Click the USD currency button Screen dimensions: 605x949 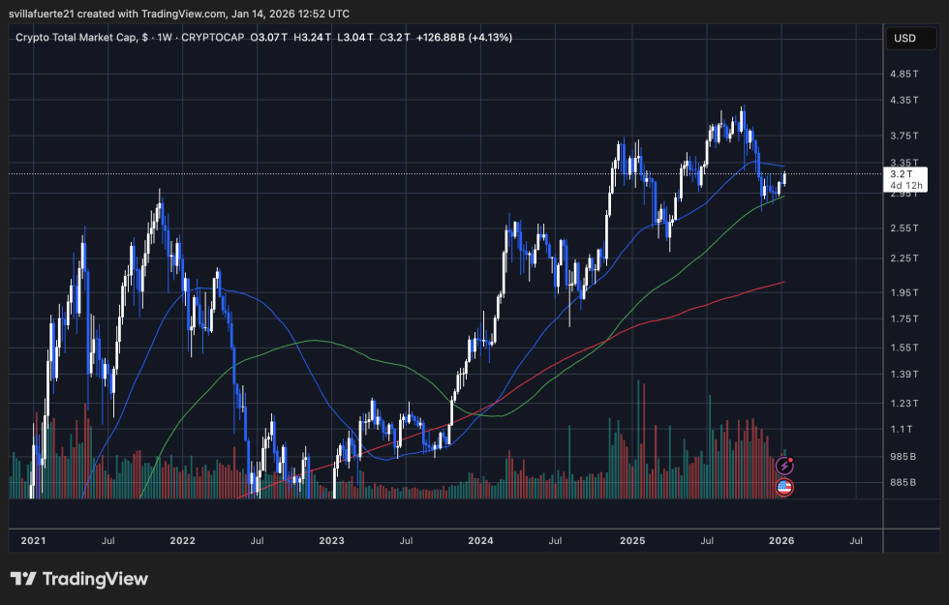(904, 39)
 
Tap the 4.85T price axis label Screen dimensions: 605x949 (904, 74)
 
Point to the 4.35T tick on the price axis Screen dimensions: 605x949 (904, 100)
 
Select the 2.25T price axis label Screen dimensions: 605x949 (904, 257)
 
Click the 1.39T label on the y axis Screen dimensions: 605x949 (904, 374)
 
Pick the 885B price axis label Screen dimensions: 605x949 (903, 482)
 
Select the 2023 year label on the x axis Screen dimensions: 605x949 (332, 540)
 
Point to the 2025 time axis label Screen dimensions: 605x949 (631, 540)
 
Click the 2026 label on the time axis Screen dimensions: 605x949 (781, 540)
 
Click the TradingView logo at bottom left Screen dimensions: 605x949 (79, 579)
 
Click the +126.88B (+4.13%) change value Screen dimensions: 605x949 (463, 37)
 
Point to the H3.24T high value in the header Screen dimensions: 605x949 (313, 37)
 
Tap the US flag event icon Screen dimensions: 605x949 (785, 487)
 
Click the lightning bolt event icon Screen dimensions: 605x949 (785, 467)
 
